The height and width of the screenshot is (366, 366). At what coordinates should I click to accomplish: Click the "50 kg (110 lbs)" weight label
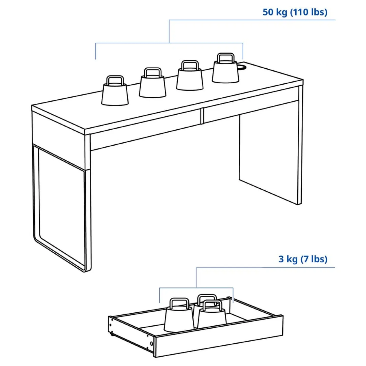pos(295,12)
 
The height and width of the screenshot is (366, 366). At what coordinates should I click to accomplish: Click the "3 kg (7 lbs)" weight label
pos(303,259)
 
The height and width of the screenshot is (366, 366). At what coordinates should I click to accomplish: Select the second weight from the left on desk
pos(152,86)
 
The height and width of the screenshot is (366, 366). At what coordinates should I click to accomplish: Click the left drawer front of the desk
pos(145,130)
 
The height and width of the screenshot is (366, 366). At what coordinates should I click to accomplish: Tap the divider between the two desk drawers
pos(202,116)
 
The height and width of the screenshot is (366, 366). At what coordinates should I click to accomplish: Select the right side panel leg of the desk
pos(269,158)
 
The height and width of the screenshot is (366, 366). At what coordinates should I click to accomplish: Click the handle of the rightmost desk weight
pos(225,57)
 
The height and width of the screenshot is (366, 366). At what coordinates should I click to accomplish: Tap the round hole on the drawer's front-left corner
pos(152,344)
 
